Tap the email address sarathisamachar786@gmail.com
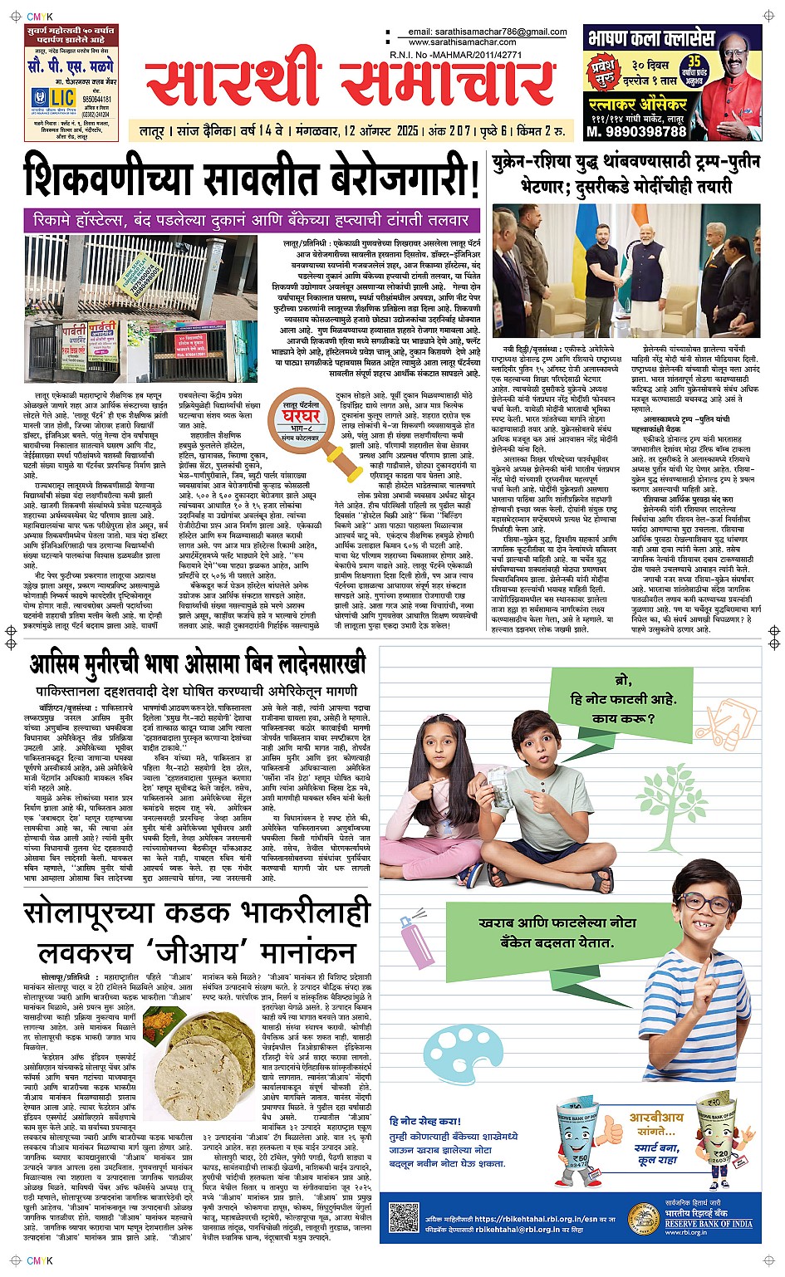coord(488,32)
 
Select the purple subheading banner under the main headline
coord(252,221)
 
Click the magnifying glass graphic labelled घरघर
coord(301,419)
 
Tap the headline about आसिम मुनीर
coord(198,666)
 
